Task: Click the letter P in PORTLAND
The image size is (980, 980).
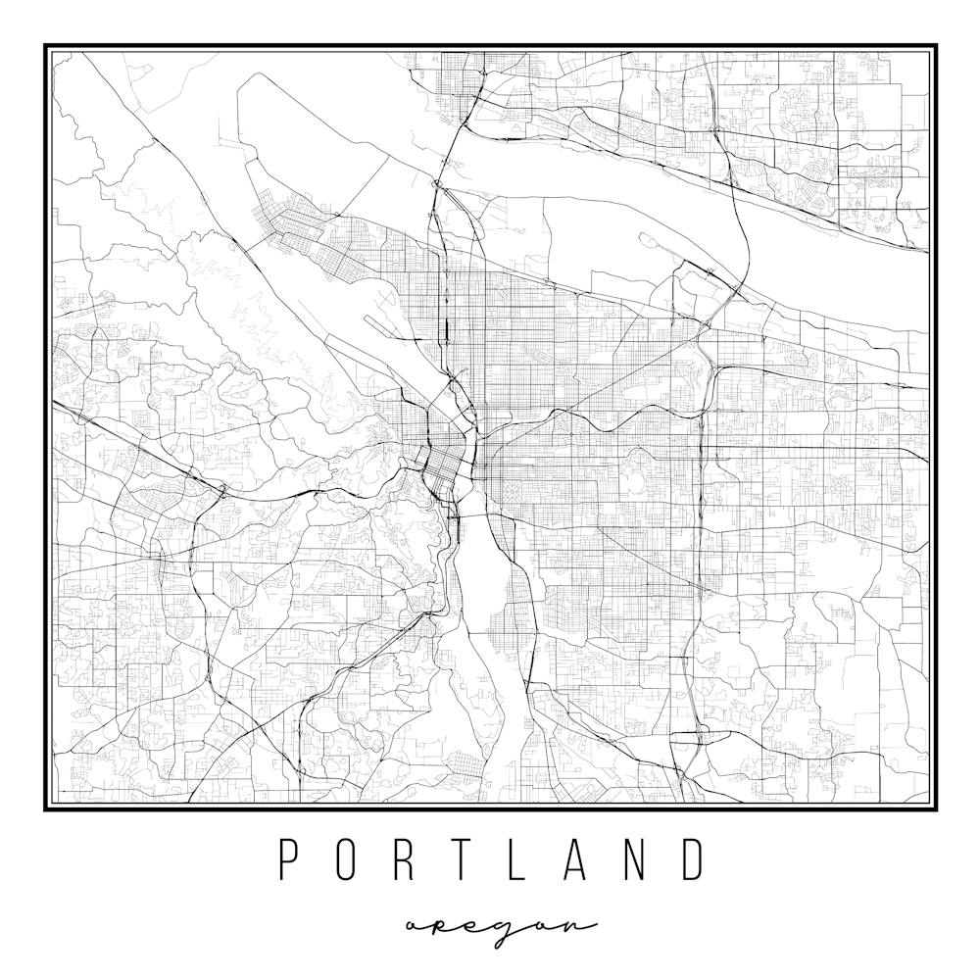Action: point(288,859)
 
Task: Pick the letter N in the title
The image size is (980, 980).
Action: point(634,859)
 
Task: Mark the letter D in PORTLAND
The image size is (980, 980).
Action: point(693,859)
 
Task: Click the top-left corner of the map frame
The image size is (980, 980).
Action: point(45,45)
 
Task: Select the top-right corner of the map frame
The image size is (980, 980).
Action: point(936,45)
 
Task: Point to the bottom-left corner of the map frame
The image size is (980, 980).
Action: point(45,809)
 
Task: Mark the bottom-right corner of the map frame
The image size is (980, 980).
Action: point(936,809)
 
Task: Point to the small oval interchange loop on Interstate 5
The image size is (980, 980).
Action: point(436,183)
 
